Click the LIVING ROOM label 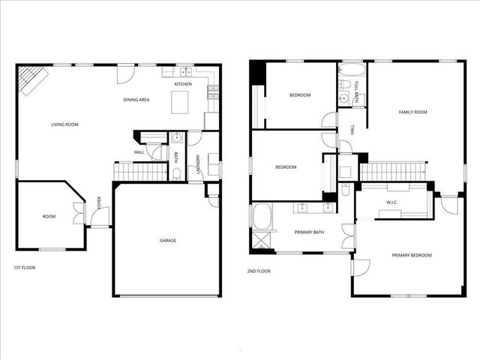coord(64,124)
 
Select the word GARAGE coord(168,241)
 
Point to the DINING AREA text coord(136,100)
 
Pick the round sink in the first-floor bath coord(176,137)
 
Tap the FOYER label coord(100,203)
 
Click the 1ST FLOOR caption coord(24,268)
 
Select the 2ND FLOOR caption coord(259,271)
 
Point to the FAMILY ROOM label coord(412,112)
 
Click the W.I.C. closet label coord(391,202)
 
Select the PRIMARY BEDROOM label coord(412,256)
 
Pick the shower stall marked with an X coord(262,241)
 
